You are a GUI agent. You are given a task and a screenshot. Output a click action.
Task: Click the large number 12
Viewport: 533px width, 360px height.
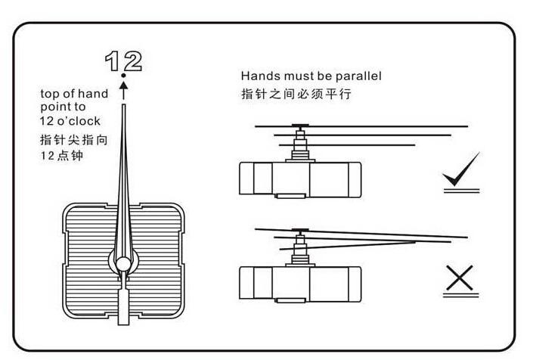[x=124, y=61]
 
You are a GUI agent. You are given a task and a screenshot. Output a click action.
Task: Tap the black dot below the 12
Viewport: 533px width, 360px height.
[x=123, y=76]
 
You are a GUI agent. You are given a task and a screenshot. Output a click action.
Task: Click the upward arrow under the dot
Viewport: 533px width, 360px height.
[x=124, y=90]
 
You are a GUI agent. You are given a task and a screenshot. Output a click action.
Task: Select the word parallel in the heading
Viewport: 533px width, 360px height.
[x=358, y=76]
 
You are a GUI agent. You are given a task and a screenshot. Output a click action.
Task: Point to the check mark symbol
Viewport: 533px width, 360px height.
[x=461, y=169]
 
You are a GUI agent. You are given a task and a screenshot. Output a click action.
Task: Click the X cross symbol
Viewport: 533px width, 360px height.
[x=460, y=278]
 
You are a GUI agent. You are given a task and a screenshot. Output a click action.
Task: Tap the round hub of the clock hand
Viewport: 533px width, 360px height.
[x=123, y=264]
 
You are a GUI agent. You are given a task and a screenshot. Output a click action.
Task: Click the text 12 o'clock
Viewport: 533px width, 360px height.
[x=70, y=121]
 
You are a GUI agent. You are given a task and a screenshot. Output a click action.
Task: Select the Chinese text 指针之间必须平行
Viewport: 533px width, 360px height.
[x=296, y=95]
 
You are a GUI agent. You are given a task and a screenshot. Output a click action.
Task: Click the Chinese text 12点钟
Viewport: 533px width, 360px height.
[x=62, y=156]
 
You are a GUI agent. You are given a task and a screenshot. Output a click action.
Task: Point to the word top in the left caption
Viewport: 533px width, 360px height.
[x=48, y=95]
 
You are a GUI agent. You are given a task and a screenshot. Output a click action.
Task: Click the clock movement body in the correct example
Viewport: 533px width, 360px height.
[x=300, y=179]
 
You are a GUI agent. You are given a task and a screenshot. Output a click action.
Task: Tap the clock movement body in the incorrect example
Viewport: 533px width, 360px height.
[x=300, y=284]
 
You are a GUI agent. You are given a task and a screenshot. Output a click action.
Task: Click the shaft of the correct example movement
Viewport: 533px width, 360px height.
[x=300, y=144]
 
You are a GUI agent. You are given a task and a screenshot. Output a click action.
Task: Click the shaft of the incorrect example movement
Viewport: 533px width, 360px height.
[x=300, y=248]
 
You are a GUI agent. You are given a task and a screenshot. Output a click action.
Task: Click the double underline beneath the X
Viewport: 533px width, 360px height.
[x=460, y=296]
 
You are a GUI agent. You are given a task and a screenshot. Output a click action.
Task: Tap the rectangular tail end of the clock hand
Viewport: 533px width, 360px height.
[x=123, y=307]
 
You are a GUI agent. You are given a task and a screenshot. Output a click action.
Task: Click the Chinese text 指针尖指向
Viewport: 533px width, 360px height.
[x=74, y=140]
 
